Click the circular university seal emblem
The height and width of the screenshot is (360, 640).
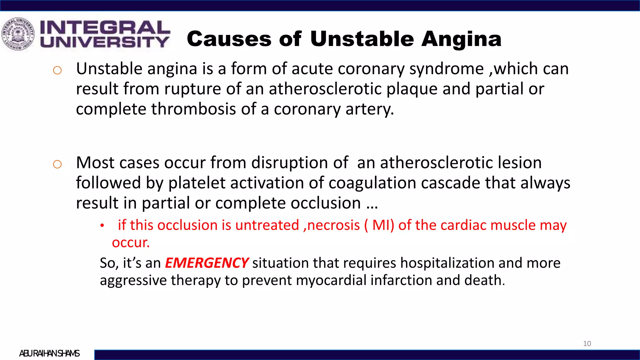[18, 34]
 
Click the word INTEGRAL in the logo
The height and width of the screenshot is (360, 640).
[105, 27]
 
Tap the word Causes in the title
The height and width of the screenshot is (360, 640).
[229, 39]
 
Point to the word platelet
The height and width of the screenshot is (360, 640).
[197, 183]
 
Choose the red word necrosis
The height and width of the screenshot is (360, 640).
[333, 225]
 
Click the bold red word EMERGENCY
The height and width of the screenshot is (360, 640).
[207, 263]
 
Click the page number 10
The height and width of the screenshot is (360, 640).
[587, 344]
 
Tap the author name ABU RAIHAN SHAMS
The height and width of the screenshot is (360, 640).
[49, 353]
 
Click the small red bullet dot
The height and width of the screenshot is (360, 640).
[102, 226]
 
